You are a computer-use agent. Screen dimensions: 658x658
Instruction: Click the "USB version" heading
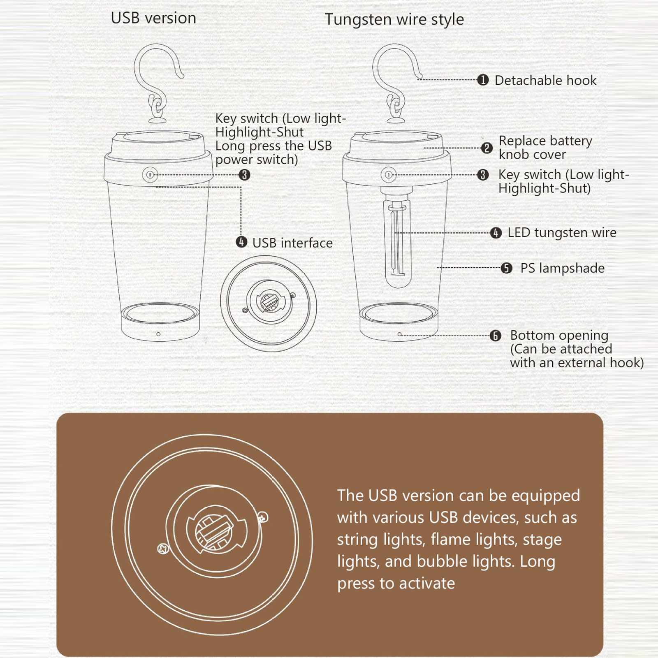point(153,19)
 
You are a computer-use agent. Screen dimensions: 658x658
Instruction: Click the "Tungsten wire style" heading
point(394,20)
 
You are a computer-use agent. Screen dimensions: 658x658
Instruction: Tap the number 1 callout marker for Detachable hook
point(483,80)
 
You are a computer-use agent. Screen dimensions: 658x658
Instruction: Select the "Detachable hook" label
point(545,80)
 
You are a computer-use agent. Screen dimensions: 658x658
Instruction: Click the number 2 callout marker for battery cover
point(487,148)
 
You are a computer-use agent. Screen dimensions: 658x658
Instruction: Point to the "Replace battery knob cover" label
point(545,148)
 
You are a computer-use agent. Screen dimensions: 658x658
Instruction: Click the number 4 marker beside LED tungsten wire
point(496,233)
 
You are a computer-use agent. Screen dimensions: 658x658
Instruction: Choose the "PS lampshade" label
point(562,268)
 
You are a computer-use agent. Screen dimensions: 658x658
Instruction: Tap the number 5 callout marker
point(507,268)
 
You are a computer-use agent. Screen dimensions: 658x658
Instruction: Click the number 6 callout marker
point(496,336)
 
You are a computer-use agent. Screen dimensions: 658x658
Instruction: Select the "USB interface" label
point(292,243)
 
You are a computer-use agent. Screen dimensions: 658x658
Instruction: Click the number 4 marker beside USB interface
point(241,242)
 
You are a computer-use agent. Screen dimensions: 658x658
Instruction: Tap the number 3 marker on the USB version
point(244,175)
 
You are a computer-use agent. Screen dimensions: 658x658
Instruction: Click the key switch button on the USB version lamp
point(150,175)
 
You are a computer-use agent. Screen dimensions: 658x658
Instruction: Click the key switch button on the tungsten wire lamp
point(388,175)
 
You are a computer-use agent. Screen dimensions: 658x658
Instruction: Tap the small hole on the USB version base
point(158,334)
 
